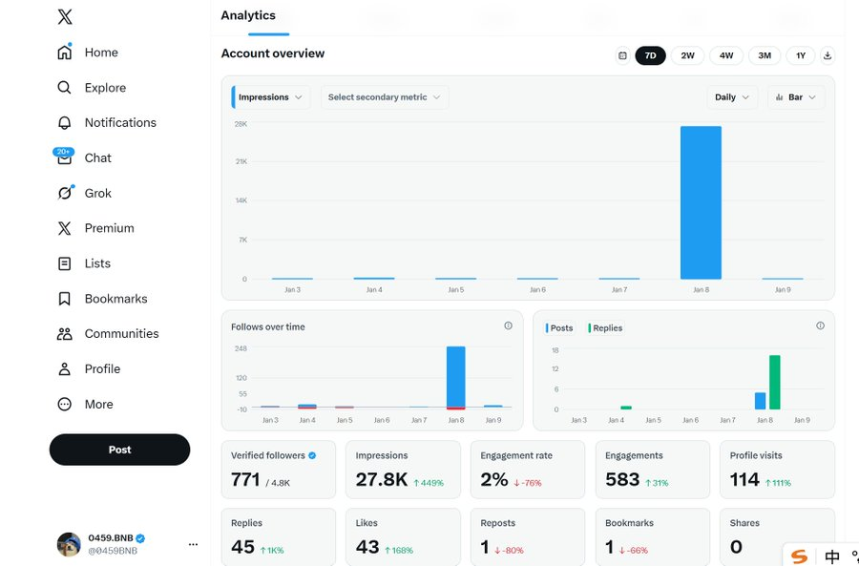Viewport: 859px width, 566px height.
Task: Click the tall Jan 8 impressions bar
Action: tap(701, 202)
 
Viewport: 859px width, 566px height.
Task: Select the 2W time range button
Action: tap(687, 55)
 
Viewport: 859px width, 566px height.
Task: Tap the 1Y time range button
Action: tap(801, 55)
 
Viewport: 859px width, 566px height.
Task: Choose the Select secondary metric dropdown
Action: tap(384, 97)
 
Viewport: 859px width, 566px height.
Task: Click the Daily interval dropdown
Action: tap(732, 97)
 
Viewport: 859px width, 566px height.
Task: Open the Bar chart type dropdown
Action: tap(796, 97)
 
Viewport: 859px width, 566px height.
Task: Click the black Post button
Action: tap(119, 450)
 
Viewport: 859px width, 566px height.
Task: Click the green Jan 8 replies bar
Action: tap(775, 383)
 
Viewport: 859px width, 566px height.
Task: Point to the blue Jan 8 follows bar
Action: tap(456, 376)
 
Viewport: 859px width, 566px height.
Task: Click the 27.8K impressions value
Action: tap(381, 479)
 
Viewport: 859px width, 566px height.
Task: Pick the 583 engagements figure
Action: tap(622, 479)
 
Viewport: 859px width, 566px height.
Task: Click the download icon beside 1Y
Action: tap(828, 55)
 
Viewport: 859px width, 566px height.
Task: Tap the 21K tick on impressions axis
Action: tap(241, 161)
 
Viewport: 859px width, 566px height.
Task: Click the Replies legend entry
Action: tap(605, 327)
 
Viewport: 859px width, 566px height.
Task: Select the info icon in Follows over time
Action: tap(509, 326)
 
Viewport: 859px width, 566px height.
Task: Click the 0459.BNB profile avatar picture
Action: tap(69, 544)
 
